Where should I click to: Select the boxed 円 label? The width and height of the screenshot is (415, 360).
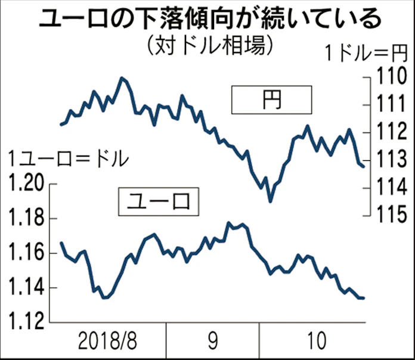[271, 100]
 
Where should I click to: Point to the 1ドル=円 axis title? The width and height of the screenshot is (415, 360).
[364, 53]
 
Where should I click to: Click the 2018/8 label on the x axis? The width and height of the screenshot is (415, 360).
[108, 342]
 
